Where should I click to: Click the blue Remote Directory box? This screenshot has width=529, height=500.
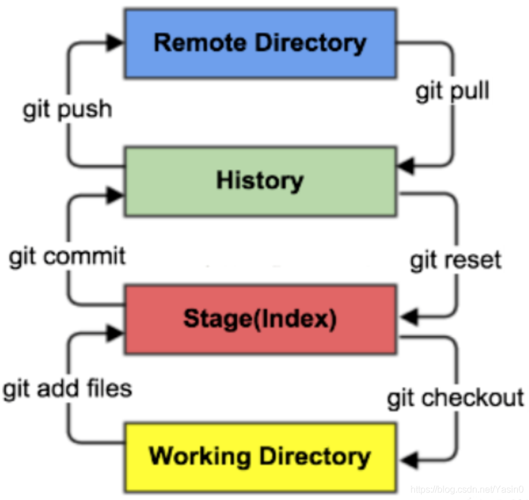pos(260,44)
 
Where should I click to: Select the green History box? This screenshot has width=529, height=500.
pos(260,181)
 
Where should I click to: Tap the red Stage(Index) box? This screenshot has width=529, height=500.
pos(260,319)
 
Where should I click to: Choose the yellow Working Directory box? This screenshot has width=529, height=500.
pos(260,457)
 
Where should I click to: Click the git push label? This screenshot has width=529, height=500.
pos(67,110)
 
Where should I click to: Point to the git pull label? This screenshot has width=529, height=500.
pos(452,91)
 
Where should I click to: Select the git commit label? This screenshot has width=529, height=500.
pos(67,256)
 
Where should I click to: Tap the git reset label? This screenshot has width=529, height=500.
pos(456,260)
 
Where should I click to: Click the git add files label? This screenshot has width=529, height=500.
pos(67,389)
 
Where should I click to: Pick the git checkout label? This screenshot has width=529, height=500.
pos(455,398)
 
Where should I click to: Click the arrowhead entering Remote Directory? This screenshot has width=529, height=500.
pos(115,42)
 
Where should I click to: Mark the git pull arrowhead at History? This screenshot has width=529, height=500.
pos(406,166)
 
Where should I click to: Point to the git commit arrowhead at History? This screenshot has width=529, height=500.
pos(115,195)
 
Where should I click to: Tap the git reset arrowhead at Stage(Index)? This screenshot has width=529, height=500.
pos(409,317)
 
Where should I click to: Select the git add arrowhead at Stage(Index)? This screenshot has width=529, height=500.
pos(115,333)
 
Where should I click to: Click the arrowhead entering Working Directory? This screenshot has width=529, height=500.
pos(409,460)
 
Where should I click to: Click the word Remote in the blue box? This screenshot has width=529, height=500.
pos(200,43)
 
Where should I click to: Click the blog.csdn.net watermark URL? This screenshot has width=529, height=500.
pos(467,490)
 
